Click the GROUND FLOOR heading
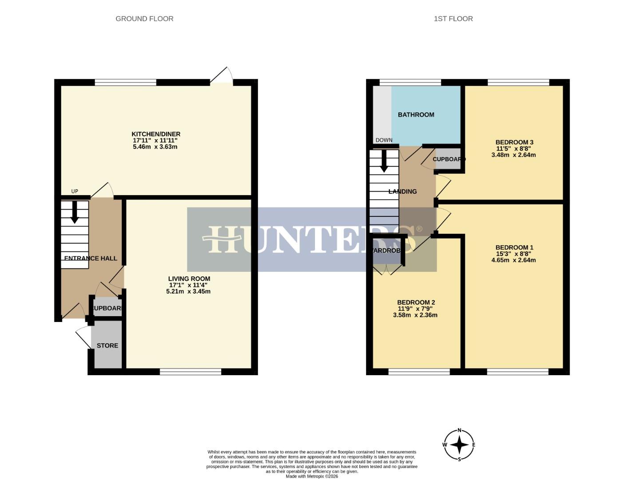tap(144, 19)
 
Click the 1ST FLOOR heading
tap(453, 19)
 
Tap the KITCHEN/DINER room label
tap(156, 134)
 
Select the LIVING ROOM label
tap(189, 279)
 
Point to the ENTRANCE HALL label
tap(91, 258)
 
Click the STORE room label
tap(107, 346)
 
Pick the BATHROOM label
tap(416, 114)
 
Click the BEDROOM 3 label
tap(514, 142)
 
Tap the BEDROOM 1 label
tap(514, 247)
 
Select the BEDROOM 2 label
tap(416, 302)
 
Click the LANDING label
tap(402, 192)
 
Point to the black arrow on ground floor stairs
tap(74, 212)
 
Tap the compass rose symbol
tap(459, 445)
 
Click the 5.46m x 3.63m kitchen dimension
tap(155, 147)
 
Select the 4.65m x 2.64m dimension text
tap(513, 260)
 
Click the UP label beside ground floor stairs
tap(75, 192)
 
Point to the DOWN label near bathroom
tap(384, 140)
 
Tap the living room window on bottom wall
tap(191, 372)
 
